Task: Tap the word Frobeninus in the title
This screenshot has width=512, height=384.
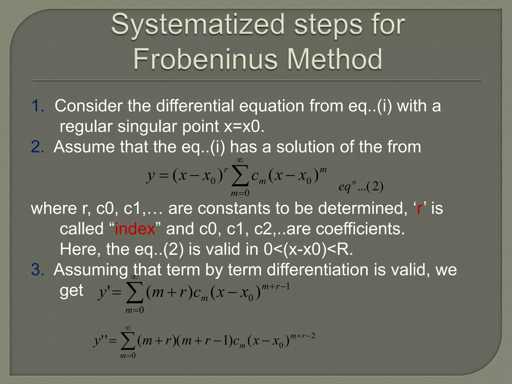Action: tap(205, 59)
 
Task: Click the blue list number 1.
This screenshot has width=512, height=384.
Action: tap(37, 106)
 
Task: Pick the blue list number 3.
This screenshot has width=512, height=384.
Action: tap(37, 270)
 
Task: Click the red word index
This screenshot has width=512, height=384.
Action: tap(135, 229)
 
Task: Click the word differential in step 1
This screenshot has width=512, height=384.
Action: tap(195, 106)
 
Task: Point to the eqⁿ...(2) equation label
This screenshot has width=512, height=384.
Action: tap(361, 186)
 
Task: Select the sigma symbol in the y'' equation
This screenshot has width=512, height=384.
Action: tap(128, 341)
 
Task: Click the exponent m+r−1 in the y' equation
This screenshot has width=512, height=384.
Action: tap(276, 287)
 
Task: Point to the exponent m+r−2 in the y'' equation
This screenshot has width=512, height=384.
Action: tap(302, 336)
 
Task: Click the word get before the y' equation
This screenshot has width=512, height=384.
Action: tap(71, 291)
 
